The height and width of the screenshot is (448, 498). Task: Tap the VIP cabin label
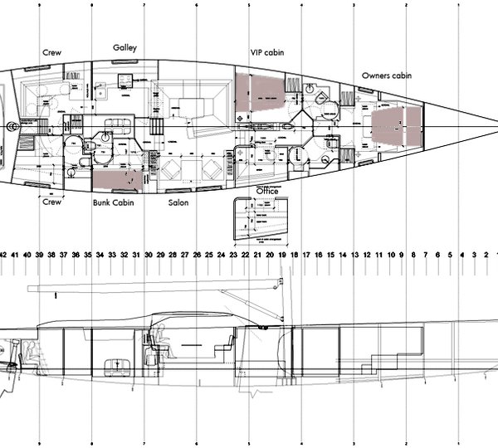coord(267,51)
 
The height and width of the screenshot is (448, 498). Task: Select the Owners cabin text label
coord(387,75)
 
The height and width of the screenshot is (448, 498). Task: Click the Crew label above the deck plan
coord(52,51)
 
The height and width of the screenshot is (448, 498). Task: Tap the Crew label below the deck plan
coord(52,202)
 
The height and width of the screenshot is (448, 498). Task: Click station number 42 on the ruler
coord(3,254)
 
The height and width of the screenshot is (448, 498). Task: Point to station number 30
coord(149,254)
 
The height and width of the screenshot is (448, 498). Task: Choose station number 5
coord(450,254)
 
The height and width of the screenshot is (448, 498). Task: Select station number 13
coord(354,254)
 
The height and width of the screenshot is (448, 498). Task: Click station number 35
coord(88,254)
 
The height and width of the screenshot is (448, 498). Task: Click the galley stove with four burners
coord(126,80)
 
